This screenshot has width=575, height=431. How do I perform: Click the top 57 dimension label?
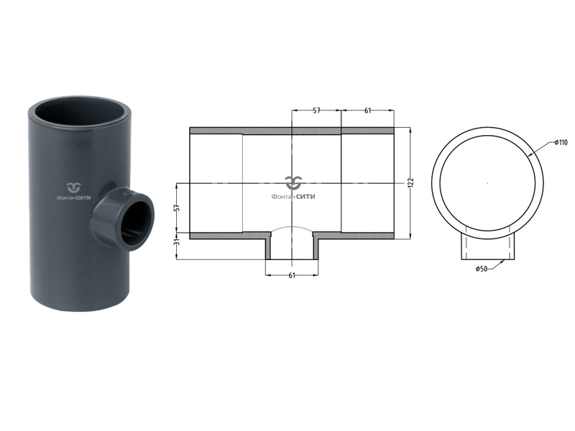(x=316, y=111)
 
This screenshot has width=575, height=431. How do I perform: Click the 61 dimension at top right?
(x=368, y=111)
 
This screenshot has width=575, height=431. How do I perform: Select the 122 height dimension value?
(x=410, y=183)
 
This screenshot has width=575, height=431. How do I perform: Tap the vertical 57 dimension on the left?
(x=178, y=208)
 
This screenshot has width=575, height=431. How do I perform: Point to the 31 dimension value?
(x=178, y=241)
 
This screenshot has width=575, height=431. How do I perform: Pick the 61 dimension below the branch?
(x=292, y=275)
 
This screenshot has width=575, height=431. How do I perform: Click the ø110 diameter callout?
(x=561, y=142)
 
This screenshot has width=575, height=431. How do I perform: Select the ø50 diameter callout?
(x=481, y=269)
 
